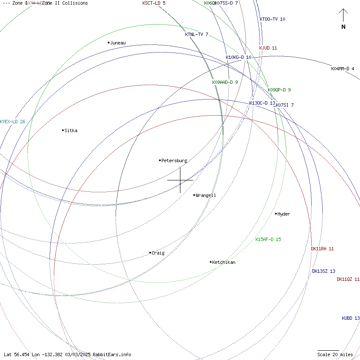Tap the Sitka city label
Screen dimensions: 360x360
[x=71, y=130]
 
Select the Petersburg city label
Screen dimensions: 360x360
[x=174, y=161]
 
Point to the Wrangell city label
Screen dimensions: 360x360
[x=206, y=195]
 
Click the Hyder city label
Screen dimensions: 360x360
[x=283, y=214]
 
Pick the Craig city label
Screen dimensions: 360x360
[x=158, y=253]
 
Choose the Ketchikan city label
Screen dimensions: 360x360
[x=224, y=262]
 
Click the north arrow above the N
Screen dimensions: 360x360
[x=343, y=16]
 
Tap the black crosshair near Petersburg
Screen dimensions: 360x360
[x=180, y=180]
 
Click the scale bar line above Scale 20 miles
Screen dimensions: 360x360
[x=329, y=350]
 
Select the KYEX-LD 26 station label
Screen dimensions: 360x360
[x=13, y=122]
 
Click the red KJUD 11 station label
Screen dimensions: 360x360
[x=268, y=48]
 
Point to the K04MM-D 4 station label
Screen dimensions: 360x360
[x=343, y=69]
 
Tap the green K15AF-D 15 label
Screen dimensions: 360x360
[x=268, y=239]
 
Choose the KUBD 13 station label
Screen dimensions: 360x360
[x=351, y=318]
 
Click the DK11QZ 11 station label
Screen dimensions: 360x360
[x=348, y=279]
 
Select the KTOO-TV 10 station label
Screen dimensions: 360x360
[x=272, y=19]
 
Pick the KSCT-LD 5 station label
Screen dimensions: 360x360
[x=154, y=3]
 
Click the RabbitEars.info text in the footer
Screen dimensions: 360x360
[x=112, y=354]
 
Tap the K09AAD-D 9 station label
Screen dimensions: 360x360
[x=225, y=82]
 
